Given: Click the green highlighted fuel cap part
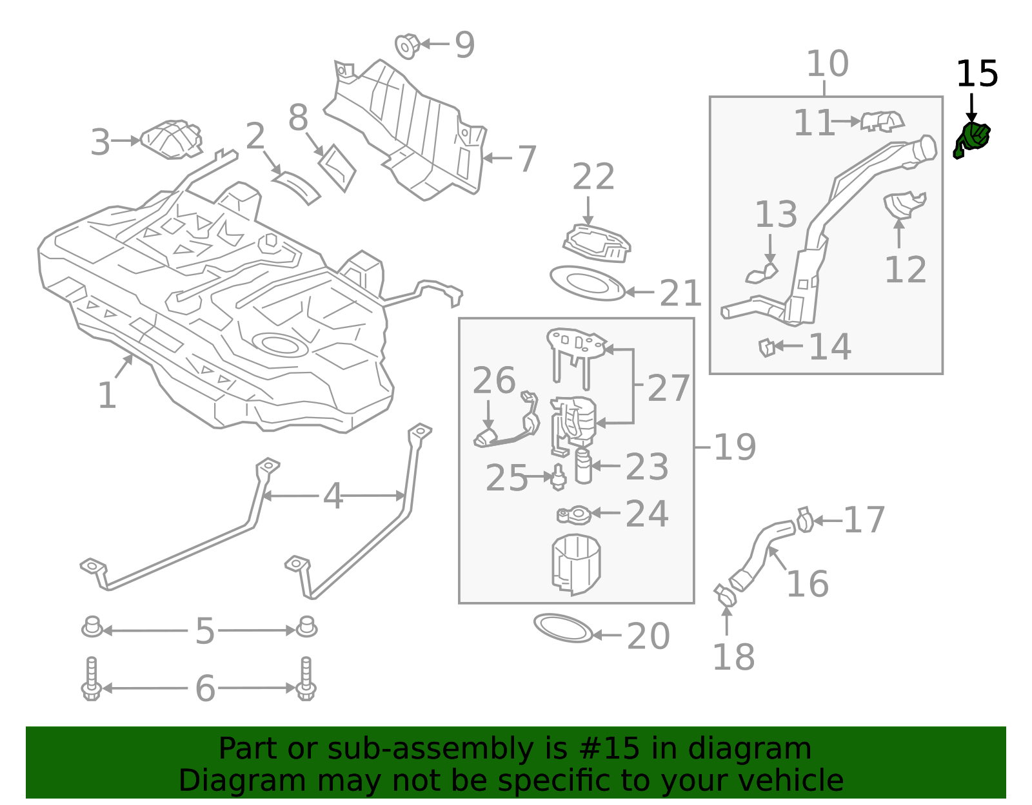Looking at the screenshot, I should (973, 139).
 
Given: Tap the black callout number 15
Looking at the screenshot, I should (977, 74).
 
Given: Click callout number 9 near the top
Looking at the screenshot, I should (464, 45).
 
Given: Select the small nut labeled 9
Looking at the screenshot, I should (407, 46).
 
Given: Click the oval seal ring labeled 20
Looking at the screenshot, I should (563, 628).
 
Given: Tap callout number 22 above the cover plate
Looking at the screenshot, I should (593, 177).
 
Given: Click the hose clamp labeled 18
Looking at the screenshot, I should (725, 595).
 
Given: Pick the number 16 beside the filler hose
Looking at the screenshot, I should (807, 584).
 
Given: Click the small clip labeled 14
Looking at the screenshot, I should (766, 347).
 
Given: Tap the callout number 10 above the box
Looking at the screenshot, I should (827, 64).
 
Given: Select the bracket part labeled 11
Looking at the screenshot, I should (882, 121).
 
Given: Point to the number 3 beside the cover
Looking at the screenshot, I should (100, 142).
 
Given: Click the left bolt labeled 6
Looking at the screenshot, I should (91, 680).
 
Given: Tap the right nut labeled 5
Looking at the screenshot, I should (306, 627).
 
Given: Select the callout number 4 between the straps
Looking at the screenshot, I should (332, 497).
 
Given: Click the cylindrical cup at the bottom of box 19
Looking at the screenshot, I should (576, 564).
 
